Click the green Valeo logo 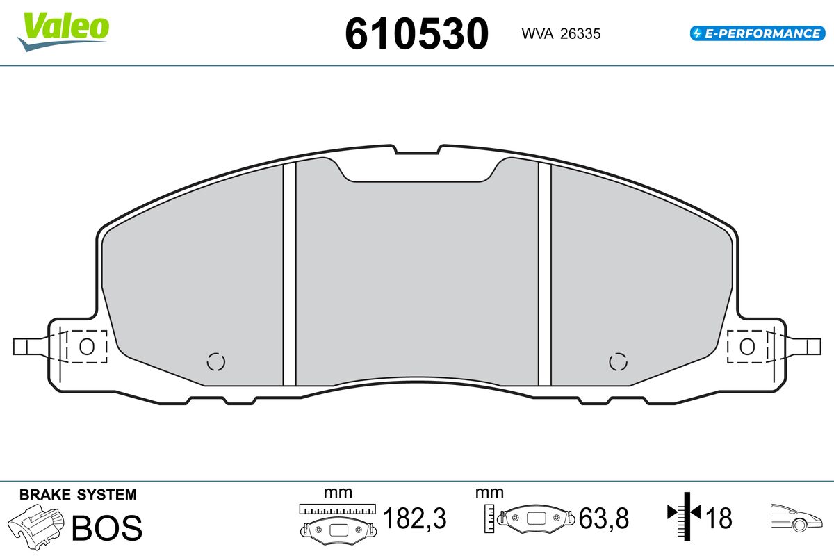click(x=63, y=31)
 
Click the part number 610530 click(x=416, y=34)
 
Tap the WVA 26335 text click(x=561, y=34)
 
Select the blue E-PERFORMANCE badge click(x=758, y=33)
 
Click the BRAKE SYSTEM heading click(x=78, y=495)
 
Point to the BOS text click(x=107, y=528)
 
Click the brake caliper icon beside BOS click(x=36, y=527)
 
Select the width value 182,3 click(x=414, y=518)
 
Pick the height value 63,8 click(x=603, y=518)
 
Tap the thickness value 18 click(x=719, y=518)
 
